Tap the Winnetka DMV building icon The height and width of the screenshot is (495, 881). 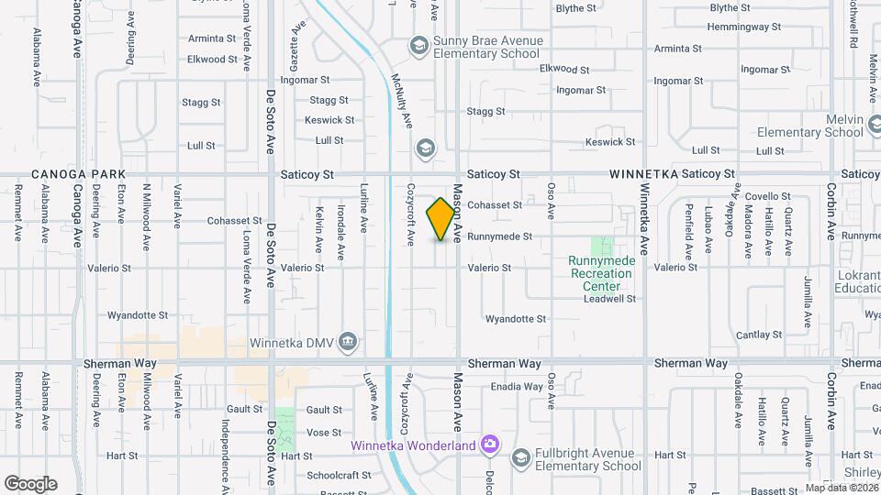(x=348, y=343)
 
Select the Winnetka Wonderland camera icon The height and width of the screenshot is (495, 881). (x=490, y=445)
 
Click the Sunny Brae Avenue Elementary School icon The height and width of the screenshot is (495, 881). (x=419, y=46)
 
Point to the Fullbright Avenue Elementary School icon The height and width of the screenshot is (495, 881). (x=520, y=457)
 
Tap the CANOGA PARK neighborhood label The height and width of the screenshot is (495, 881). (x=77, y=174)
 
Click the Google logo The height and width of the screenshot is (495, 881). (x=30, y=483)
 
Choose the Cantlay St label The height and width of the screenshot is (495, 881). (x=758, y=335)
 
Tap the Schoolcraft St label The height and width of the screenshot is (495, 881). (x=339, y=476)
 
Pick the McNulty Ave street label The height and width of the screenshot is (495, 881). (x=401, y=101)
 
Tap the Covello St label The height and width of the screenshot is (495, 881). (x=768, y=196)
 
